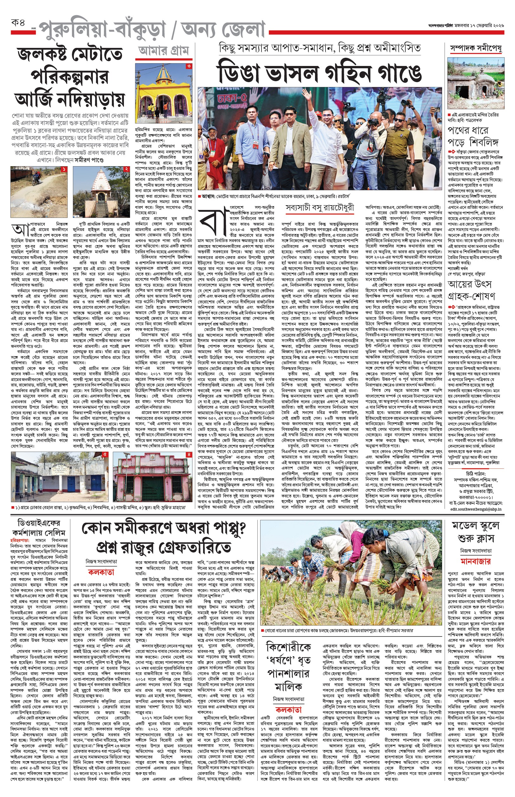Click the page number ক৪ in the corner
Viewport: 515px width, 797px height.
[18, 23]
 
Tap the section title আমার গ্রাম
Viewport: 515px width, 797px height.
[164, 51]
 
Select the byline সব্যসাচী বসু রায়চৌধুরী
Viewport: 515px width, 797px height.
[319, 208]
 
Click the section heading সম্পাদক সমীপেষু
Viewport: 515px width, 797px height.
[476, 49]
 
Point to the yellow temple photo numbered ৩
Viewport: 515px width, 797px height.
[164, 93]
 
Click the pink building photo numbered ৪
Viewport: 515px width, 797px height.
[152, 476]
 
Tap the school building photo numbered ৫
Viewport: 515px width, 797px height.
[60, 476]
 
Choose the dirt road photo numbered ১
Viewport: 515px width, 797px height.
[39, 192]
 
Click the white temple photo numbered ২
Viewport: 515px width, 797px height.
[101, 192]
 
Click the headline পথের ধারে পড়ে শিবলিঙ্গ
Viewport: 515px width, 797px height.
[473, 136]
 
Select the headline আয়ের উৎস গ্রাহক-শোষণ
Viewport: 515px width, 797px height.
[471, 290]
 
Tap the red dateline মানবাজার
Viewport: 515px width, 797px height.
[475, 561]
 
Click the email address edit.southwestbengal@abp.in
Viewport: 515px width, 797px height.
[475, 509]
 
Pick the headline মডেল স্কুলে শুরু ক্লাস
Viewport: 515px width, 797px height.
[475, 532]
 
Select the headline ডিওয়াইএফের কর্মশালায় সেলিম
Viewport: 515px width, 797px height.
[39, 528]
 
